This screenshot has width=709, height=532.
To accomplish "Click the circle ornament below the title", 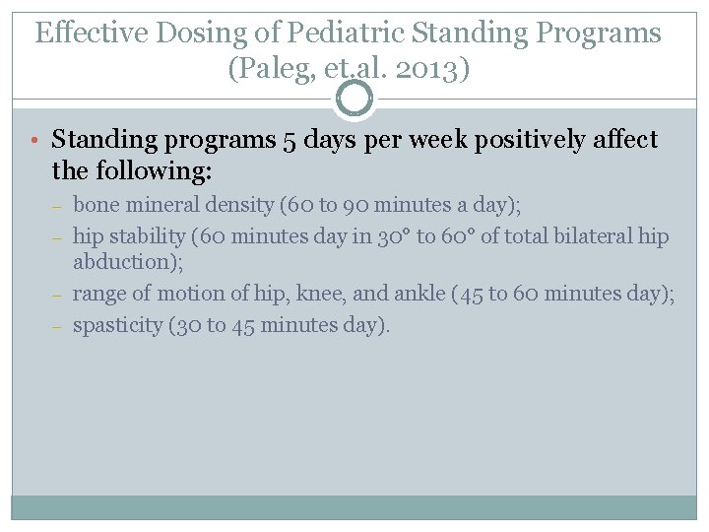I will pos(354,99).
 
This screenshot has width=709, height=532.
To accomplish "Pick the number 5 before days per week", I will pos(290,141).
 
